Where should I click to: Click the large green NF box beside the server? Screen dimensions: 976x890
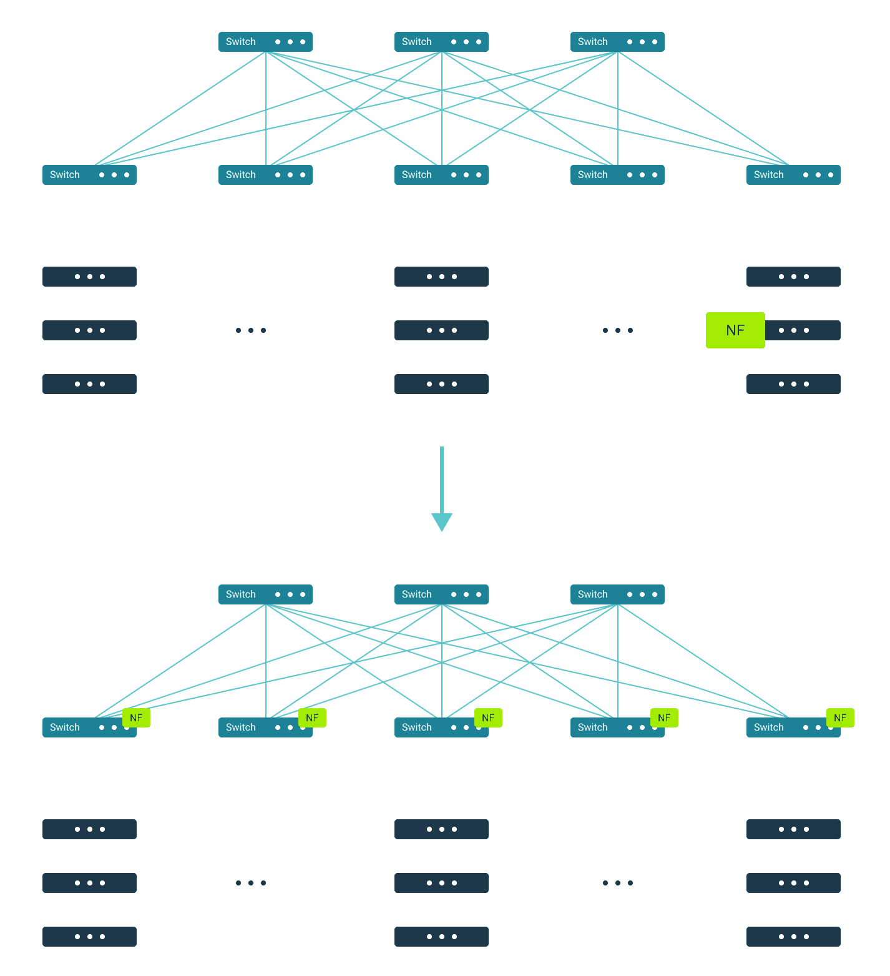tap(735, 330)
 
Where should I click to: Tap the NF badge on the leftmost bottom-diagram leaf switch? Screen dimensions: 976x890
tap(136, 718)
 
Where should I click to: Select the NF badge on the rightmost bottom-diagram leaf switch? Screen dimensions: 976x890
tap(840, 718)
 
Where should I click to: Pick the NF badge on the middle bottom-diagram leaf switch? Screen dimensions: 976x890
tap(488, 718)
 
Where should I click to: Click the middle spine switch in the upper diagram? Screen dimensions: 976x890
tap(441, 42)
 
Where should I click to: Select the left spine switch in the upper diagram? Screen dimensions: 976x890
tap(265, 42)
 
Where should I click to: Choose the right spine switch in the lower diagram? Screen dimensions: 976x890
tap(617, 594)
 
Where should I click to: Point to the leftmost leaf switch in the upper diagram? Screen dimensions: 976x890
tap(89, 175)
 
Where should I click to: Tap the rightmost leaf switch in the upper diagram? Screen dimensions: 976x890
tap(793, 175)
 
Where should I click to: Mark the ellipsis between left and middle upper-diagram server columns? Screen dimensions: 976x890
tap(251, 330)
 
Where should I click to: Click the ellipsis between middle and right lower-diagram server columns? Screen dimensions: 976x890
tap(618, 883)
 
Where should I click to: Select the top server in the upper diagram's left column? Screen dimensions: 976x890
tap(89, 277)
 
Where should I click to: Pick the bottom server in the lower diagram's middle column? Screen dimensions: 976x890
tap(441, 937)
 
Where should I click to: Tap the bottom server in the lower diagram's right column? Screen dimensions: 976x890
tap(793, 937)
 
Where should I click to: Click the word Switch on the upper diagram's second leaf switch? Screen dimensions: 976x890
tap(241, 175)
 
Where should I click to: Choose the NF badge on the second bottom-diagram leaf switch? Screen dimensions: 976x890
tap(312, 718)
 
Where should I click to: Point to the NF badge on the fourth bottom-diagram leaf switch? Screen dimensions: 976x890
tap(664, 718)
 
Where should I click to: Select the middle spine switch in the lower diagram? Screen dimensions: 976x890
tap(441, 594)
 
